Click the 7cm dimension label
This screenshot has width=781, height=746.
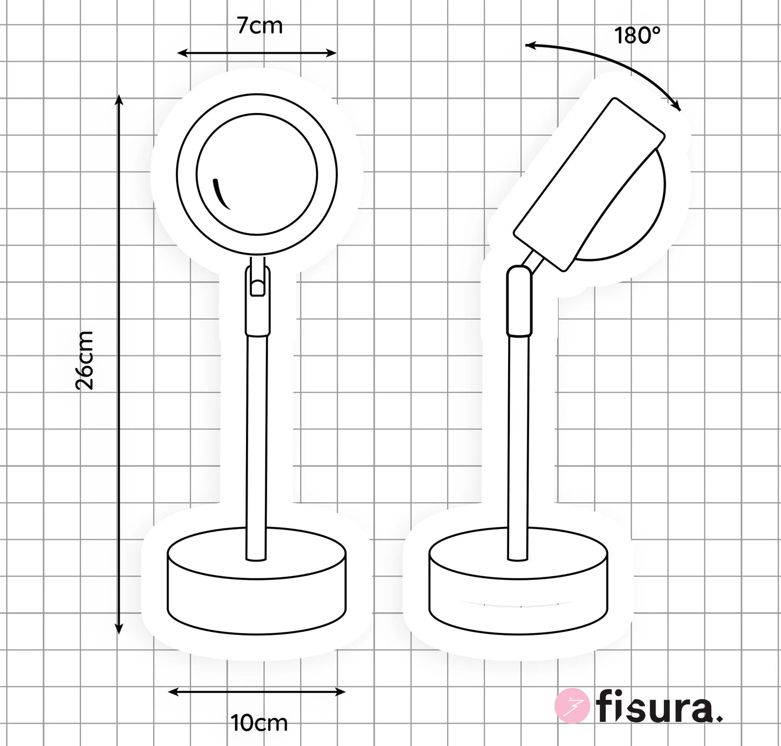click(x=260, y=26)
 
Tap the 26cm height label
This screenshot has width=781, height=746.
click(x=84, y=360)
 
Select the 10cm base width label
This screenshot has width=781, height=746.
click(x=259, y=723)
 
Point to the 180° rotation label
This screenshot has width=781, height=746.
click(x=638, y=35)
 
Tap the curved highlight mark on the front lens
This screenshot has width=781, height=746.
click(x=221, y=194)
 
